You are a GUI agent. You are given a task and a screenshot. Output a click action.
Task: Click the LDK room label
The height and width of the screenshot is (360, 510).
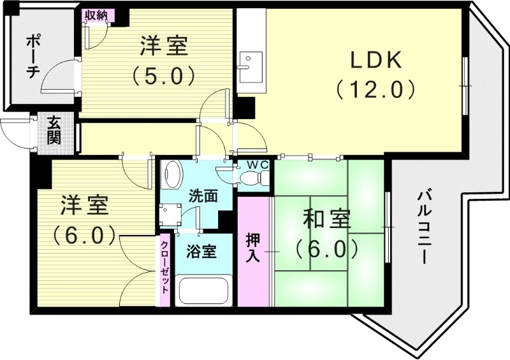[x=375, y=61]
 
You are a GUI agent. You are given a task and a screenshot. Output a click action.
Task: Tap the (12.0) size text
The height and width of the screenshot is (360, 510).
[x=375, y=89]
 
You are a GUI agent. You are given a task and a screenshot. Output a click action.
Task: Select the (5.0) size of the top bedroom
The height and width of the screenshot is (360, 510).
[x=163, y=76]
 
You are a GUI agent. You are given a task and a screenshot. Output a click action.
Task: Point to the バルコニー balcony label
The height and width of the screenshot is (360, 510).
[x=421, y=227]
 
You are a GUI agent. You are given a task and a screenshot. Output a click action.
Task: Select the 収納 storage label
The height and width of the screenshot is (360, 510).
[x=98, y=15]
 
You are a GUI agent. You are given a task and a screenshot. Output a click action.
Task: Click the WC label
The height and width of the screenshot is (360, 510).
[x=258, y=164]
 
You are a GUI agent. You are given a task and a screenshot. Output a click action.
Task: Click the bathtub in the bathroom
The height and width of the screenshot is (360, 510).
[x=203, y=291]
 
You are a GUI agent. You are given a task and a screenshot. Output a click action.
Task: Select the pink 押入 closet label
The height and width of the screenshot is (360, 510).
[x=253, y=248]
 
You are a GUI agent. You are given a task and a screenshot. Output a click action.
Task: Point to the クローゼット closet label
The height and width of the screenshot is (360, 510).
[x=164, y=268]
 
